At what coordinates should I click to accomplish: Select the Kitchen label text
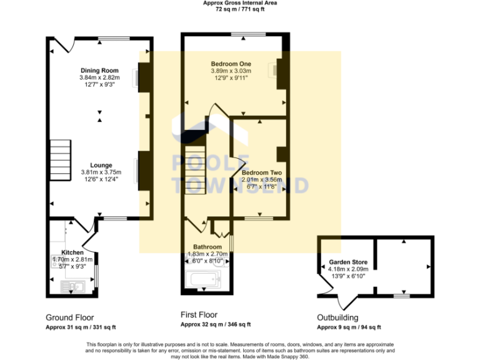point(72,252)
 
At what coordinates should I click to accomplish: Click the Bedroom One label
point(231,64)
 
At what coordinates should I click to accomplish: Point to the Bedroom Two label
point(262,172)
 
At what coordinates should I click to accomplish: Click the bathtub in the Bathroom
point(204,283)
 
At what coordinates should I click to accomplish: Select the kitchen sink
point(73,287)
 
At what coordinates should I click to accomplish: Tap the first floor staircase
point(195,172)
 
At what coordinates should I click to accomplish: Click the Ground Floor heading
point(70,317)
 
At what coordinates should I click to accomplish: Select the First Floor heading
point(199,315)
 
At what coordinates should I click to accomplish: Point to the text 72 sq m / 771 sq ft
point(240,10)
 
